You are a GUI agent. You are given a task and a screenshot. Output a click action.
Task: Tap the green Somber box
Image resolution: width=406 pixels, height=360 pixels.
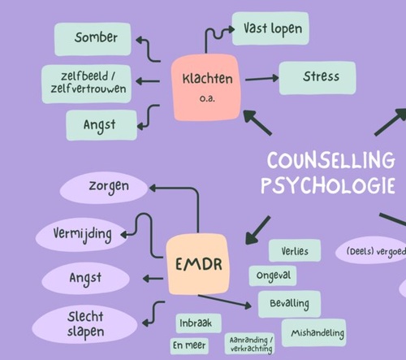point(96,37)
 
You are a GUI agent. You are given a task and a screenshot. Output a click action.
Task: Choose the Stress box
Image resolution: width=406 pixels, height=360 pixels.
point(320,78)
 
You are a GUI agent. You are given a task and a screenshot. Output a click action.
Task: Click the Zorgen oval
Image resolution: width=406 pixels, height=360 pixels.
point(107,187)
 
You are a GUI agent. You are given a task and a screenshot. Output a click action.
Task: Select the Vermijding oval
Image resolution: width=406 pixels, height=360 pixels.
point(82,233)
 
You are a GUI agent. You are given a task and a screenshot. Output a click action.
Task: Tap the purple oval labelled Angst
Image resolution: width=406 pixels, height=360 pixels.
point(84,278)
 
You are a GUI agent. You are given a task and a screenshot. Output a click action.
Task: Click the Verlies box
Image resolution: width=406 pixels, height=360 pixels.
point(295,250)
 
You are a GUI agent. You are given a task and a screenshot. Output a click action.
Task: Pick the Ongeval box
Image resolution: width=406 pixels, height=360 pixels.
point(273,276)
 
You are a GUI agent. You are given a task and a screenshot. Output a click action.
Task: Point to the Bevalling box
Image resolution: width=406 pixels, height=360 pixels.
point(289,303)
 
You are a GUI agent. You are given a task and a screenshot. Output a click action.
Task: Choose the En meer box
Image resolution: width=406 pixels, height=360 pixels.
point(190,345)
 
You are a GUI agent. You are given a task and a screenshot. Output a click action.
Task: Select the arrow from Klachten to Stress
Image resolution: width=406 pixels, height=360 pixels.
point(261,79)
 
